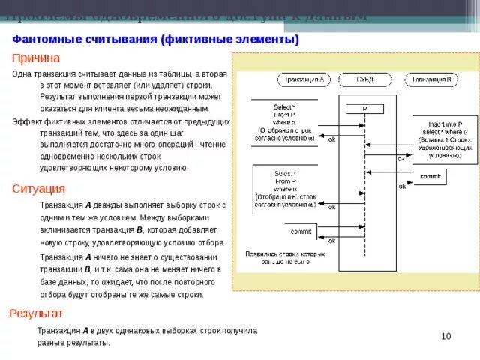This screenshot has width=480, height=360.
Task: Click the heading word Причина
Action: click(35, 58)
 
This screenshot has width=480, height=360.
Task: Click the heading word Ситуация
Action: click(37, 188)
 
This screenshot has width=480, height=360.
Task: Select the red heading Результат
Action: click(35, 313)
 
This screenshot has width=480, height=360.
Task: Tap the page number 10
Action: click(445, 336)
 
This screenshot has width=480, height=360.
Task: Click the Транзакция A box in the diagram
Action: click(304, 78)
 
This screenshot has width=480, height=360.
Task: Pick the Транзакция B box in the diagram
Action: click(430, 78)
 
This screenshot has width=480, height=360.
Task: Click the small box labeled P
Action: click(365, 108)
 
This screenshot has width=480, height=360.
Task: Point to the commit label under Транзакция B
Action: click(430, 176)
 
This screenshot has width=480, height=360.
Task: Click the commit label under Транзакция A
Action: click(301, 231)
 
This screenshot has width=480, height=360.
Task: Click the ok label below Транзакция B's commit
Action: click(402, 187)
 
